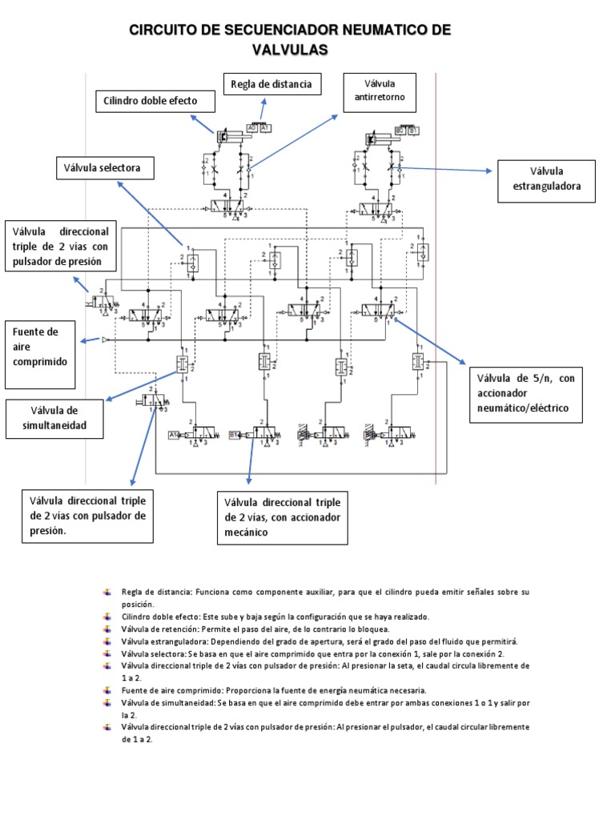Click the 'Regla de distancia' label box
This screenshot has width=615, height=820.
272,84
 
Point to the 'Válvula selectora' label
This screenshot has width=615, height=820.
103,168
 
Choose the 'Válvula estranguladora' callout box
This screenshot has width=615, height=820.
547,181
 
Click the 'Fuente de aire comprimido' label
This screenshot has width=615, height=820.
41,345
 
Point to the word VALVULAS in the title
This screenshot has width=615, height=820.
291,50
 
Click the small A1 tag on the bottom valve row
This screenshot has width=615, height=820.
174,436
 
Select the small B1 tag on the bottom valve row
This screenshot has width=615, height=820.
235,436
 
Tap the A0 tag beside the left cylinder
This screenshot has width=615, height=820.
252,127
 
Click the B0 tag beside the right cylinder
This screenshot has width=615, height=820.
401,129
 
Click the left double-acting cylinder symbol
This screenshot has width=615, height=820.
232,138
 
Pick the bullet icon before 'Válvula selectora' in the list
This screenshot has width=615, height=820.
107,653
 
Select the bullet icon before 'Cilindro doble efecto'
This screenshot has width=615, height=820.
107,617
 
